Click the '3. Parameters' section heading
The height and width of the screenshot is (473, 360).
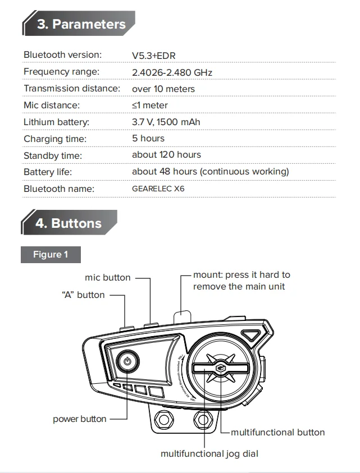pos(81,24)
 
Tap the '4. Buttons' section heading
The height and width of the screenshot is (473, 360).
pos(68,223)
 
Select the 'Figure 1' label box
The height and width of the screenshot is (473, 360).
pos(51,255)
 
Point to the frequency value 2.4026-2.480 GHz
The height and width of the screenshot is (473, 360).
pos(172,72)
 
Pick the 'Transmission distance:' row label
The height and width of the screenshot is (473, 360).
pos(72,89)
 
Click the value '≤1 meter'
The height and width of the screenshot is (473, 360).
pos(149,105)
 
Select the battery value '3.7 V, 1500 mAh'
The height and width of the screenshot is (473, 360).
pos(166,122)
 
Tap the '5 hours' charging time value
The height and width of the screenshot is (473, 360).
pos(148,138)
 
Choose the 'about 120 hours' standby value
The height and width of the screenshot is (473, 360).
pos(166,154)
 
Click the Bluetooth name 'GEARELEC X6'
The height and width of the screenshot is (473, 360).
pos(158,189)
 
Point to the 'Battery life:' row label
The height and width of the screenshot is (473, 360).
pos(48,172)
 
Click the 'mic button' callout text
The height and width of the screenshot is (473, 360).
pos(108,277)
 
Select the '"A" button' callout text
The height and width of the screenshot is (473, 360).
pos(83,295)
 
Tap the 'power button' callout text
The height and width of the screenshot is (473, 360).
pos(80,419)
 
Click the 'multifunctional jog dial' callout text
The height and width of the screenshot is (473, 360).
pos(209,453)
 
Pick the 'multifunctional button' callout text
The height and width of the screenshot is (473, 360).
pos(277,432)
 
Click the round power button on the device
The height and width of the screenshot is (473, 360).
pos(128,361)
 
